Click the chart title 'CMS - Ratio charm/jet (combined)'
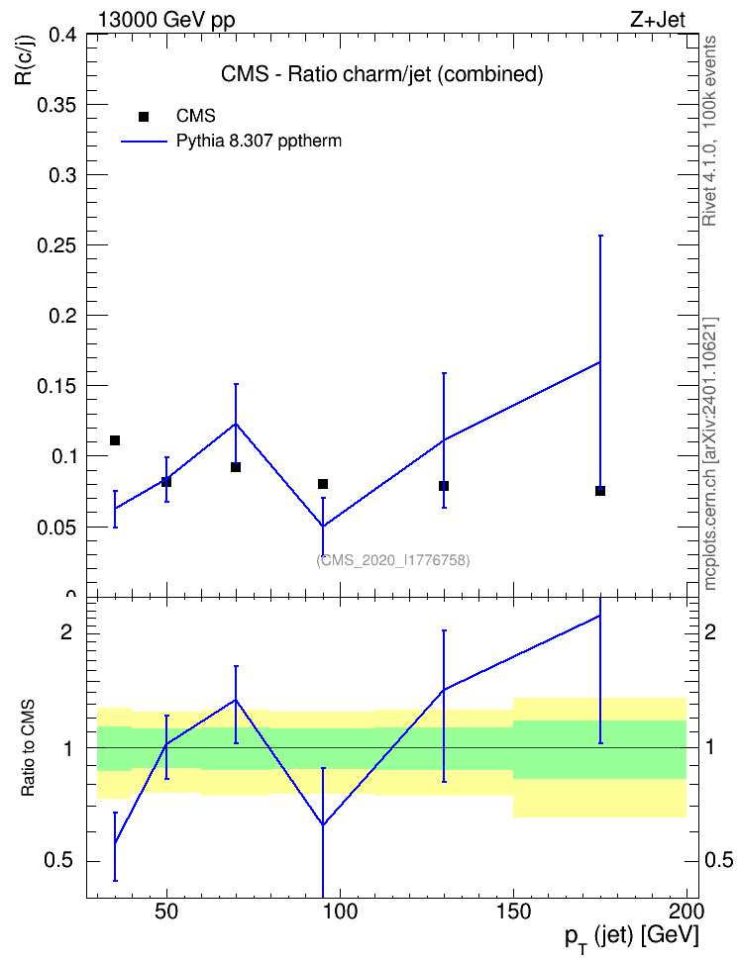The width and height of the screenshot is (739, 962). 382,74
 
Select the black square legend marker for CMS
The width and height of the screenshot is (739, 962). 144,117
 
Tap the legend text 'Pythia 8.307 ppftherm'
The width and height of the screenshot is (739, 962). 259,142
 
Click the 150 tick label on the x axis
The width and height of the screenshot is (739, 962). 513,912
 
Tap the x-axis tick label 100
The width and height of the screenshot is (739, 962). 340,912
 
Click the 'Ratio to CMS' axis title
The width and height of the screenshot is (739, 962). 29,747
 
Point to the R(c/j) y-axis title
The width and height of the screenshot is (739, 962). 25,60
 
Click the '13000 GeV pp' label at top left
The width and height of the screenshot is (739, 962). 166,21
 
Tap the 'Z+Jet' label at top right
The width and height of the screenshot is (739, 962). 658,20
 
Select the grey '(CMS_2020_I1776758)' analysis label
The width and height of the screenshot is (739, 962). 393,560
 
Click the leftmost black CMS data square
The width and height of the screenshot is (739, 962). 115,440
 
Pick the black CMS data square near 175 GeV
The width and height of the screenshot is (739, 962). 600,491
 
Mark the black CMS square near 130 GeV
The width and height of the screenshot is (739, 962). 444,486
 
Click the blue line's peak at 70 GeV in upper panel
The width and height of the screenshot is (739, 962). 236,424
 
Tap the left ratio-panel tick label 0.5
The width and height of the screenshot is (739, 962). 58,861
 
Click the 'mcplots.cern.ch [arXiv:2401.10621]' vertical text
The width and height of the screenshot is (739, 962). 710,453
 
